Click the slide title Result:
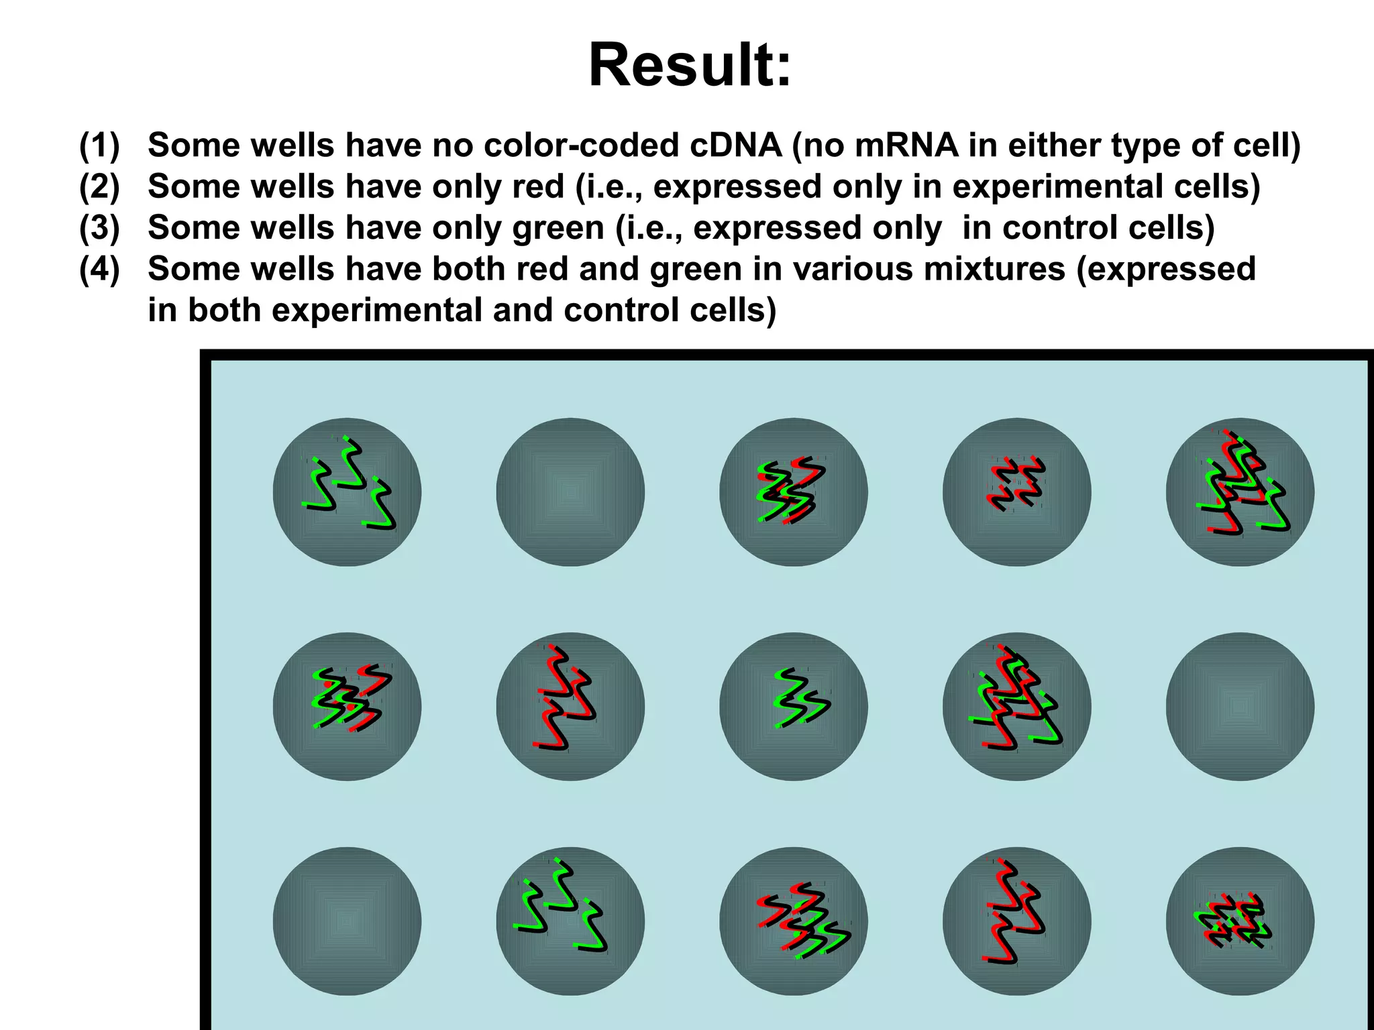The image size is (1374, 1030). (690, 65)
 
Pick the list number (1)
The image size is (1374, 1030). (99, 145)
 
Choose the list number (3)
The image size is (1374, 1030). (99, 227)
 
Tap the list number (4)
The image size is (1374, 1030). (99, 269)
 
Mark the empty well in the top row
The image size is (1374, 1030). (570, 492)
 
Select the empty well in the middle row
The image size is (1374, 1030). (1240, 707)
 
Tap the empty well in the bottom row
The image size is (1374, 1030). (347, 921)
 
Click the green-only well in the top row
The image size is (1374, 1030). (347, 492)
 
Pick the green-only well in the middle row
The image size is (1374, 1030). (794, 707)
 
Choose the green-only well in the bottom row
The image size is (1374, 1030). (570, 921)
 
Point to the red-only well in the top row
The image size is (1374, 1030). (1016, 492)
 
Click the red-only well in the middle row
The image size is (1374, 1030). (570, 707)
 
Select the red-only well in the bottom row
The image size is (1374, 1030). (1016, 921)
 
